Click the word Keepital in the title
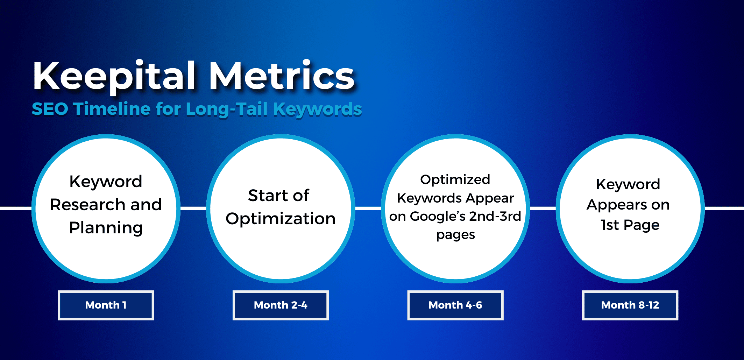pos(114,76)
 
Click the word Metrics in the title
pos(282,76)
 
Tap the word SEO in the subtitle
pos(50,109)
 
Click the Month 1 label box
pos(106,305)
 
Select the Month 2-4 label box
pos(281,305)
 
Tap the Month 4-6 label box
pos(455,305)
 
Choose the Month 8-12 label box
pos(630,305)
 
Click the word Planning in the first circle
pos(106,228)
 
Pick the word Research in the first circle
pos(87,205)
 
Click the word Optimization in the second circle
pos(281,219)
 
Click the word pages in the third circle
pos(455,235)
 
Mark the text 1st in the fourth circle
pos(610,225)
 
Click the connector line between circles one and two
pos(193,209)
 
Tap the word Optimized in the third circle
pos(455,179)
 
